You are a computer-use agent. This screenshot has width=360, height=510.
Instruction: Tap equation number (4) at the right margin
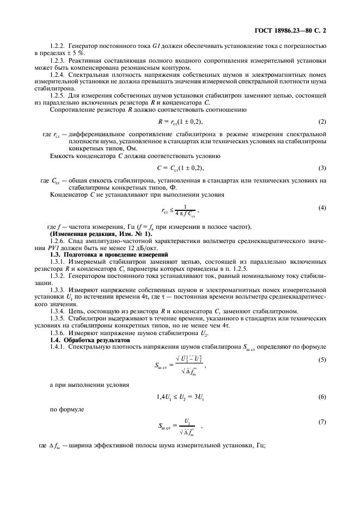(x=322, y=208)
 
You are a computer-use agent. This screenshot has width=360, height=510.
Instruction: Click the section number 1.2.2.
(x=57, y=46)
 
